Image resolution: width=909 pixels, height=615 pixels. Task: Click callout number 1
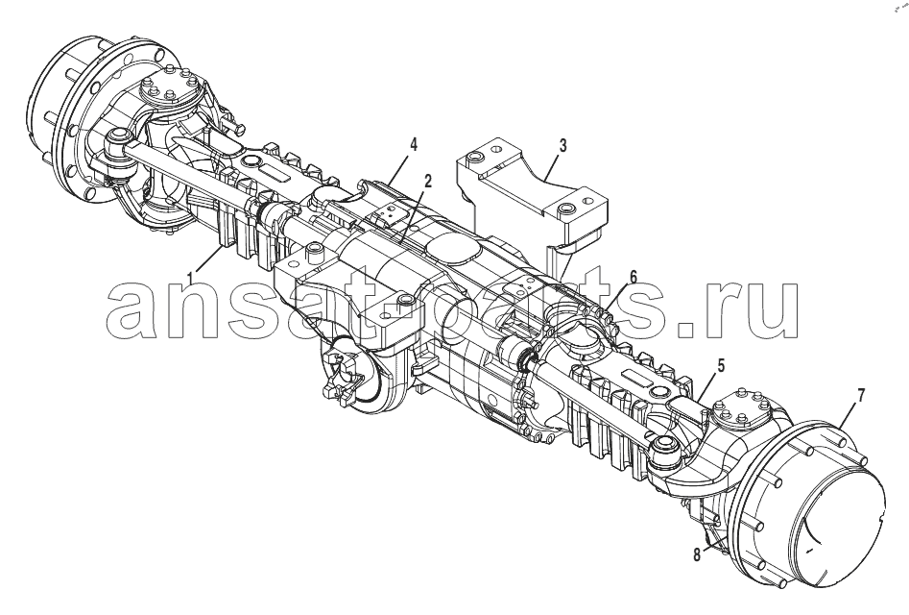(x=189, y=280)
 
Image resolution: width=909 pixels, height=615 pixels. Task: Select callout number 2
(x=427, y=182)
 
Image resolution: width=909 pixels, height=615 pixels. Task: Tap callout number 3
(x=562, y=146)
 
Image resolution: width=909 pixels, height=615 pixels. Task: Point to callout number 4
(x=413, y=144)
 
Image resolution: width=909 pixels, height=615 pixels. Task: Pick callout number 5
(x=721, y=367)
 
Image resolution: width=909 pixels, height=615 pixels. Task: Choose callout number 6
(x=634, y=278)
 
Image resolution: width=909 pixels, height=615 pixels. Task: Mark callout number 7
(x=861, y=396)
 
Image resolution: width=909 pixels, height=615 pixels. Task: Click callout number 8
(x=696, y=555)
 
